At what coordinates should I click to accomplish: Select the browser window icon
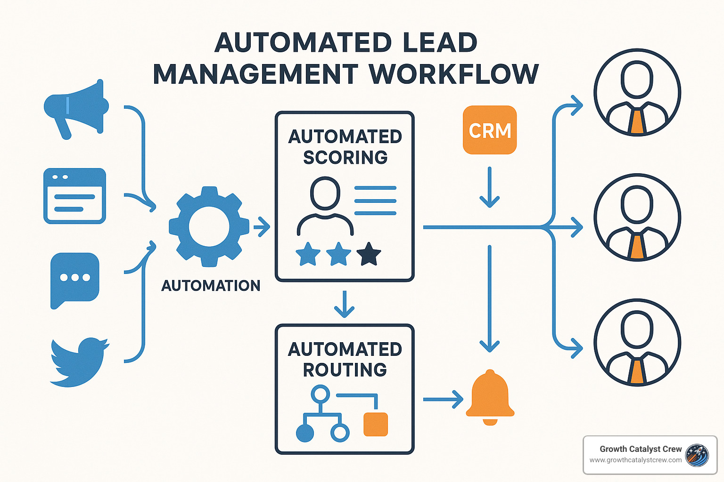(74, 196)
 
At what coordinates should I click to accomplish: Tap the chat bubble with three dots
(74, 279)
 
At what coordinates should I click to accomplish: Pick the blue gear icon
(209, 226)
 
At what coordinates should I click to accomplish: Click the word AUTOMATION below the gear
(211, 286)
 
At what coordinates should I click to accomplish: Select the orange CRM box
(490, 130)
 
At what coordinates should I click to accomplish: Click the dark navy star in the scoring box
(369, 254)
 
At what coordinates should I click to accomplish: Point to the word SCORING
(345, 158)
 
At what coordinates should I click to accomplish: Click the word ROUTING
(345, 370)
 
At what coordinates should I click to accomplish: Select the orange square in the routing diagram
(376, 424)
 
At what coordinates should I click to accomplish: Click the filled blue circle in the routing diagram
(305, 433)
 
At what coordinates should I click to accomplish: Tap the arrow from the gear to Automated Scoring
(262, 227)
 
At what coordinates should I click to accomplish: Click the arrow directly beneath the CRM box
(490, 188)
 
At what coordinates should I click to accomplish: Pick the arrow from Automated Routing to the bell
(443, 400)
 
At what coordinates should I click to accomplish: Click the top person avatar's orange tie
(637, 121)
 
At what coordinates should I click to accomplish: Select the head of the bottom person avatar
(637, 329)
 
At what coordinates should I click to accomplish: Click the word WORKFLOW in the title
(453, 74)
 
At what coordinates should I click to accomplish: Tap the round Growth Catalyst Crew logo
(697, 455)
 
